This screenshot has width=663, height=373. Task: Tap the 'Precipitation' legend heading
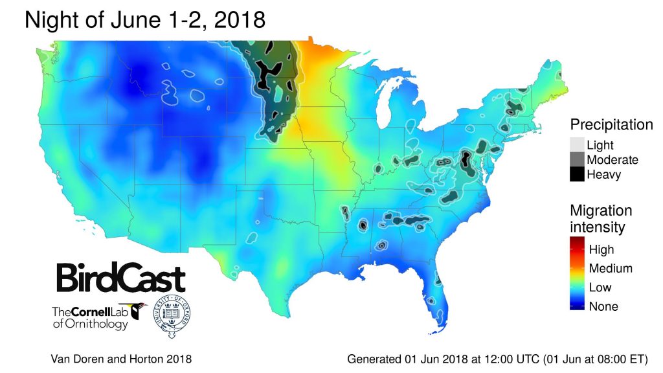point(611,124)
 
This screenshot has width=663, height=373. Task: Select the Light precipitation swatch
point(578,145)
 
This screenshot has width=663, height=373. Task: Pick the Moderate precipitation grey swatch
point(578,159)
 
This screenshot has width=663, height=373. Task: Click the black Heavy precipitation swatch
point(578,174)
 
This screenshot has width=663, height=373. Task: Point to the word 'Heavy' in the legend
point(603,174)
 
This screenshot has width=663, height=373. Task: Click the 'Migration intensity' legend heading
point(601,219)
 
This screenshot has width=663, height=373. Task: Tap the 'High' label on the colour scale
point(601,249)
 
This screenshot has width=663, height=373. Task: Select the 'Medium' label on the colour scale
point(610,268)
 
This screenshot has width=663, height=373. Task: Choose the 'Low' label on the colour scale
point(600,288)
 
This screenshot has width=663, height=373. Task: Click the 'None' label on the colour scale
point(603,306)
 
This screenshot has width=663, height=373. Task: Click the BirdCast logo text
point(120,278)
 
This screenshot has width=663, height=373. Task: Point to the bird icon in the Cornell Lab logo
point(138,311)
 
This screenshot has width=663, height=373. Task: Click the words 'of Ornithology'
point(90,324)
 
